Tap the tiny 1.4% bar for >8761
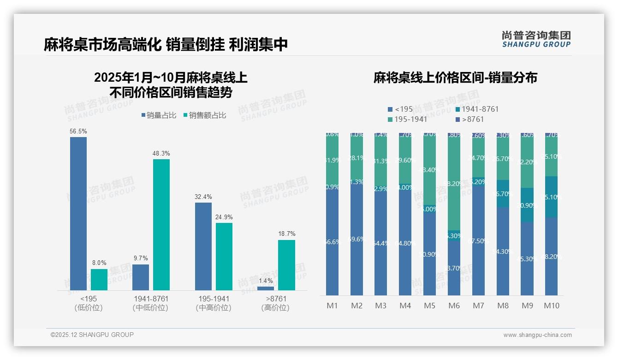265,288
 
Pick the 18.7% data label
286,234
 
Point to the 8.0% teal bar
99,280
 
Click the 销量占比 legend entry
159,115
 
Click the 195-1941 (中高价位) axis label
214,303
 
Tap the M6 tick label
454,306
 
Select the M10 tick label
552,306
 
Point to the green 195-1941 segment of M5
430,171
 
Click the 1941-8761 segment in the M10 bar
552,197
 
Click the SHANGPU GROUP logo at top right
536,39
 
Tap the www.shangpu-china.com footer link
537,335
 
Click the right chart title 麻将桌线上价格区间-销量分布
455,78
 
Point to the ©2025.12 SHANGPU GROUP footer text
92,335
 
